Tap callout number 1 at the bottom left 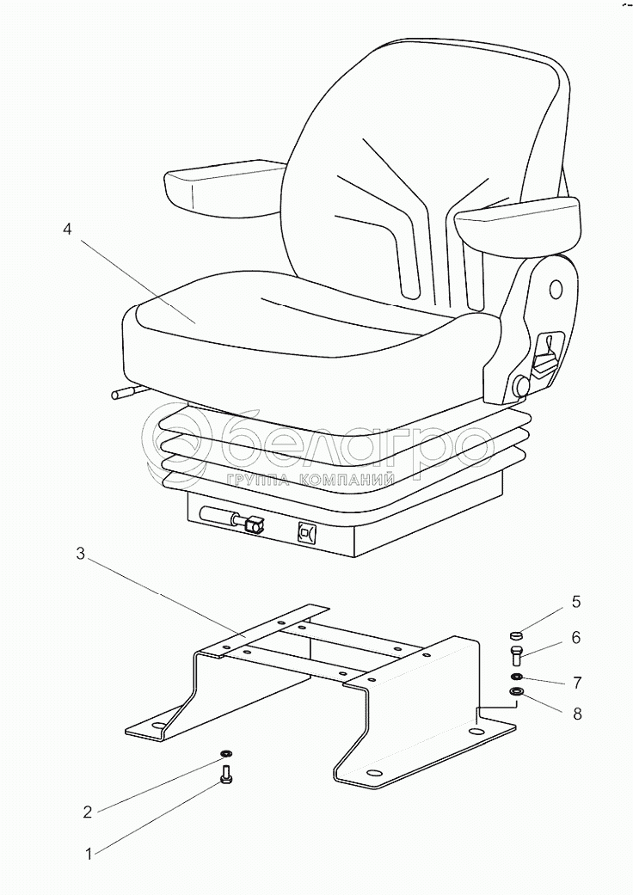[88, 855]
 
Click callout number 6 [576, 638]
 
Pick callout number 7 [576, 684]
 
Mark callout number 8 [576, 713]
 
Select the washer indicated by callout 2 [225, 752]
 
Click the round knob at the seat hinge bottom [520, 387]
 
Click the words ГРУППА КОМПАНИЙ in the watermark [310, 481]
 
